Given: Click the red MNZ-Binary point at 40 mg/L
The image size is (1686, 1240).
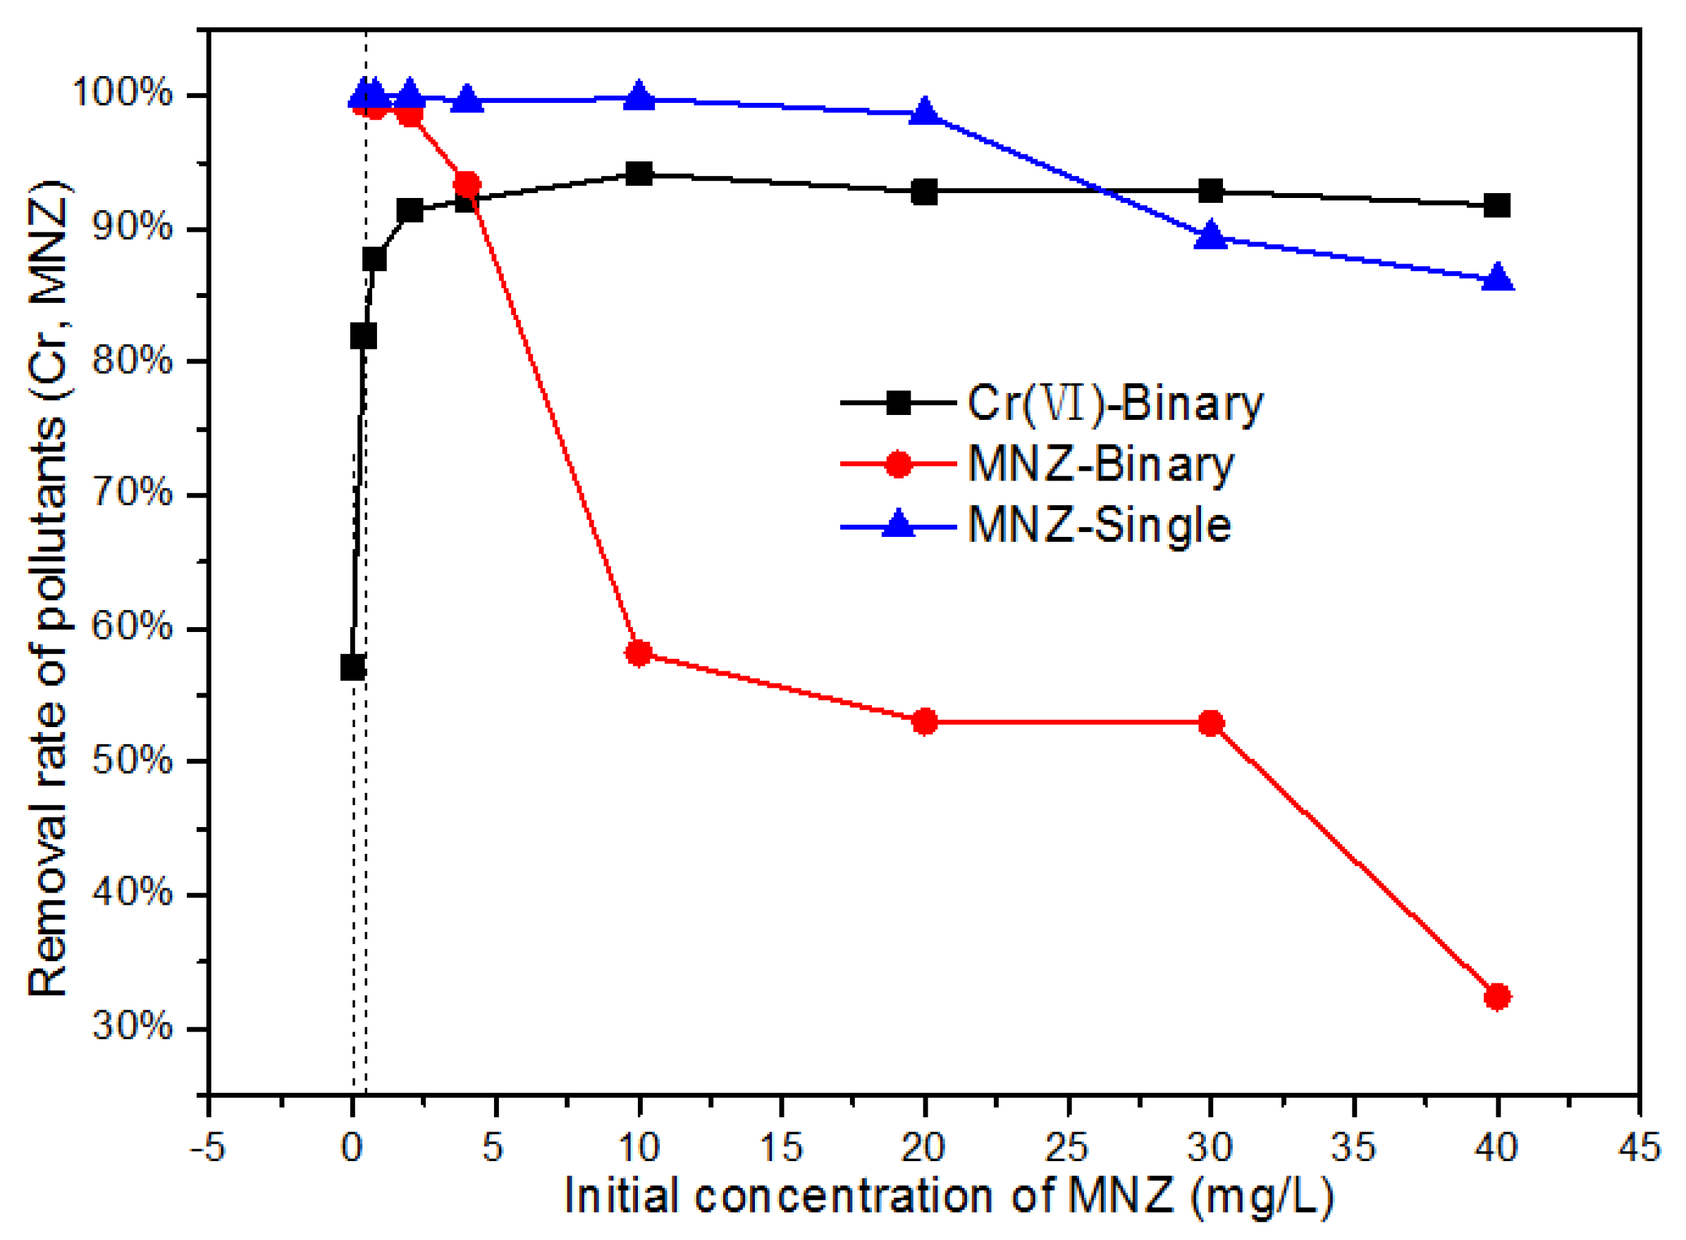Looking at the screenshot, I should [1496, 997].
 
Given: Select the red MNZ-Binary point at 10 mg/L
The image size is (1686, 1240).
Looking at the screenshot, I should [639, 653].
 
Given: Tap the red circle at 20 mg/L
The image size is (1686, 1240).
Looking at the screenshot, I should [925, 721].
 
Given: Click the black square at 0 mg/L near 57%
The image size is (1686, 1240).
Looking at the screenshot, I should [352, 666].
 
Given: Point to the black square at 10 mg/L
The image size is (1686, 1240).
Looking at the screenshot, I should [639, 174].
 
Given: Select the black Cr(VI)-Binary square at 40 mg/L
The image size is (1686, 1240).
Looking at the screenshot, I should [1496, 205].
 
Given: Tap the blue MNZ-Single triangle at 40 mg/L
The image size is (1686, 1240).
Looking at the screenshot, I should [1496, 278].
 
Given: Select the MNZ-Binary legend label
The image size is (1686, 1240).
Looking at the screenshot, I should [1100, 464].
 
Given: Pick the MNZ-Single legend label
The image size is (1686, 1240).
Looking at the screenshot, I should [1099, 525].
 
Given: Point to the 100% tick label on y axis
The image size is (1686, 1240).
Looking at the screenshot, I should [123, 93].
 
